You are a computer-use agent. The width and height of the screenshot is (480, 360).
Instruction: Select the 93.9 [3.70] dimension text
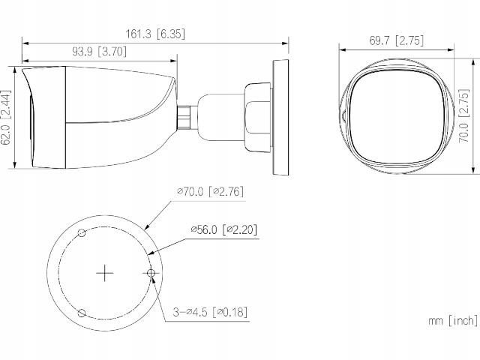[98, 52]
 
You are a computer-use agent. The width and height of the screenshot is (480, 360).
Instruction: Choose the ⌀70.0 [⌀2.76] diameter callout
[211, 192]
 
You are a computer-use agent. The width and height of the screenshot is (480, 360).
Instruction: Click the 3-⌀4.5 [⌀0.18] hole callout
[211, 311]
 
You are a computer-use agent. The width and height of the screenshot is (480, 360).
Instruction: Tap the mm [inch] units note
[452, 320]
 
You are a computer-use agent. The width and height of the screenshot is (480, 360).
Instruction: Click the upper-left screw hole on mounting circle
[84, 235]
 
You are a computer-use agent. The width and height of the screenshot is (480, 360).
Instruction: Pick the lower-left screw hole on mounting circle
[84, 311]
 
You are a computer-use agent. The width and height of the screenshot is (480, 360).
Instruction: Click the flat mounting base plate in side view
[279, 117]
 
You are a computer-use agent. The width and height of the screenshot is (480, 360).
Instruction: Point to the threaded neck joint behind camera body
[184, 117]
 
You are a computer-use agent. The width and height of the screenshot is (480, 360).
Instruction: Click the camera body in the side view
[105, 116]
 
